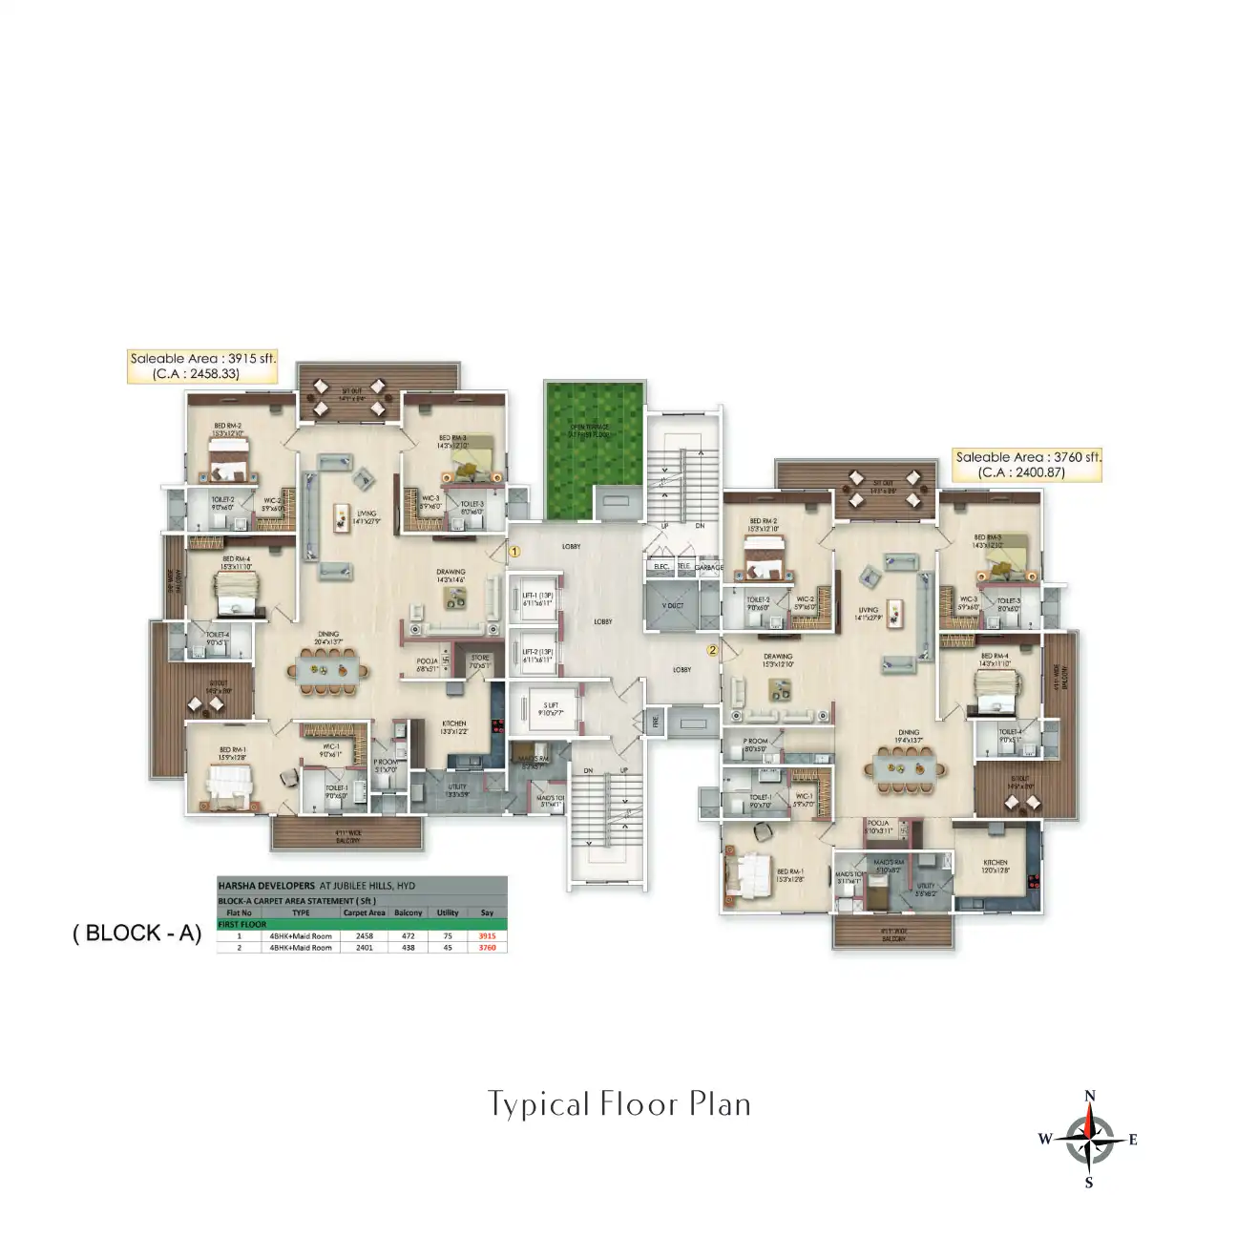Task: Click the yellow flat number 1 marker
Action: tap(514, 551)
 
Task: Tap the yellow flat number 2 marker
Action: tap(712, 650)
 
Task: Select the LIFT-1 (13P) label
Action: tap(537, 598)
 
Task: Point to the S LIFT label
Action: tap(551, 708)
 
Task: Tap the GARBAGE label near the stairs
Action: tap(708, 567)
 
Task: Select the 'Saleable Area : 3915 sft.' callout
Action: tap(202, 366)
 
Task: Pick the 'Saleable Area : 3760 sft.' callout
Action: tap(1027, 465)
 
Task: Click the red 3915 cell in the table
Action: tap(487, 936)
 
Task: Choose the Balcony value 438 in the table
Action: tap(409, 948)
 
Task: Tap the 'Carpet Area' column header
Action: tap(364, 912)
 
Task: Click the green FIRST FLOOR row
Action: tap(362, 924)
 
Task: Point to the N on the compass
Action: tap(1090, 1096)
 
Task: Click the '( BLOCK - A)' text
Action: tap(137, 933)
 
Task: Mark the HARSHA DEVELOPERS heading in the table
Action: tap(266, 886)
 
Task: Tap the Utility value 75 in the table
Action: tap(448, 936)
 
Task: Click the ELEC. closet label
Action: tap(660, 567)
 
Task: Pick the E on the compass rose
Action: tap(1133, 1139)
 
